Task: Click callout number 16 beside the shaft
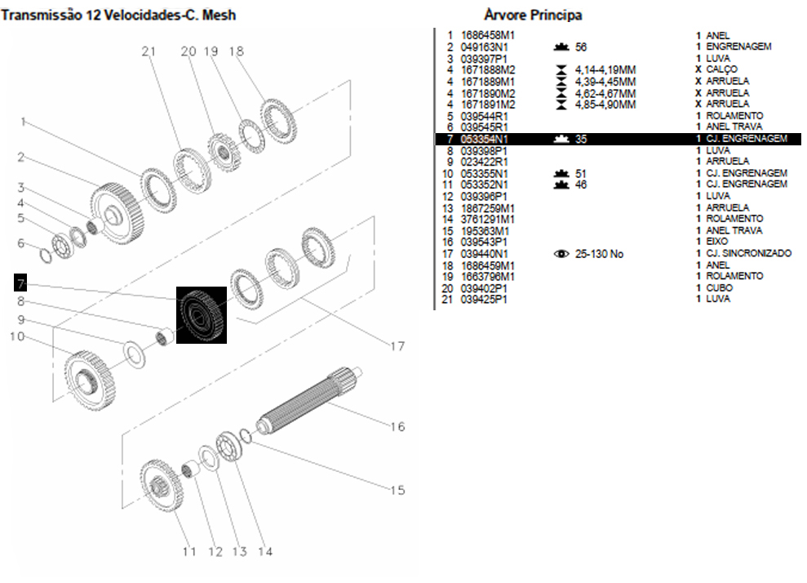point(397,426)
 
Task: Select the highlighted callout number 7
point(20,283)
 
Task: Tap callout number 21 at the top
point(148,51)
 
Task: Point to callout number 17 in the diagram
point(397,346)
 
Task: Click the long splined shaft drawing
point(310,399)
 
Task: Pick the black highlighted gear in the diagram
point(202,314)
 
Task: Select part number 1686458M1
point(488,36)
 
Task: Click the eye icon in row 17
point(561,254)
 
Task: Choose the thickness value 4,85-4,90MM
point(605,105)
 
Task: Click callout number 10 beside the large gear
point(17,336)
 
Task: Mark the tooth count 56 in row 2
point(581,47)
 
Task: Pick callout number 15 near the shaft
point(397,490)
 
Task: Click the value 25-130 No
point(599,254)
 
